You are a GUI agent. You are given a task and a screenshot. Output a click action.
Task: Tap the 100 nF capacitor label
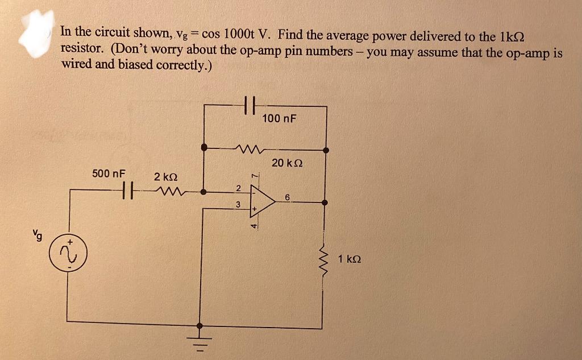[280, 118]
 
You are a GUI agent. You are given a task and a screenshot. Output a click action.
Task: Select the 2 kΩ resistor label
[166, 177]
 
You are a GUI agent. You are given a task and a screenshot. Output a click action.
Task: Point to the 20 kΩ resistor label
[287, 163]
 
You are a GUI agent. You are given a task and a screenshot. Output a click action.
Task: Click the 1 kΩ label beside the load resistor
[349, 259]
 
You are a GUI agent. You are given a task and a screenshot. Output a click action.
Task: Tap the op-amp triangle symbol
[260, 202]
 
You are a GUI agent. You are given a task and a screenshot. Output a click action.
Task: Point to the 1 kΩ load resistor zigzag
[326, 259]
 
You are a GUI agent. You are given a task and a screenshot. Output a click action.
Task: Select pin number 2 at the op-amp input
[239, 188]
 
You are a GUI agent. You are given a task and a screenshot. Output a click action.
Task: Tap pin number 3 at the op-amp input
[239, 204]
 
